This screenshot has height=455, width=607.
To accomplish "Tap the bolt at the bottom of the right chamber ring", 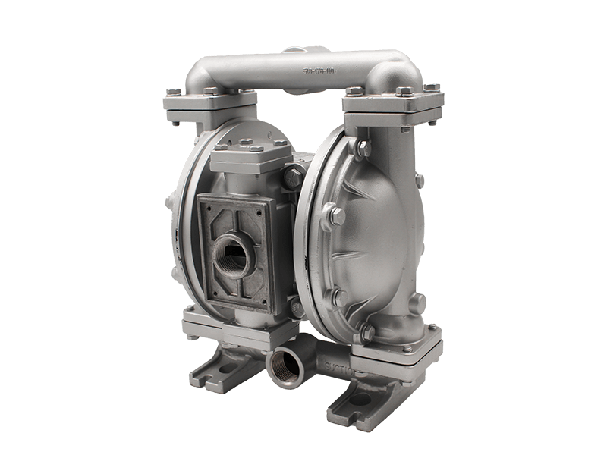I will (366, 331).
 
